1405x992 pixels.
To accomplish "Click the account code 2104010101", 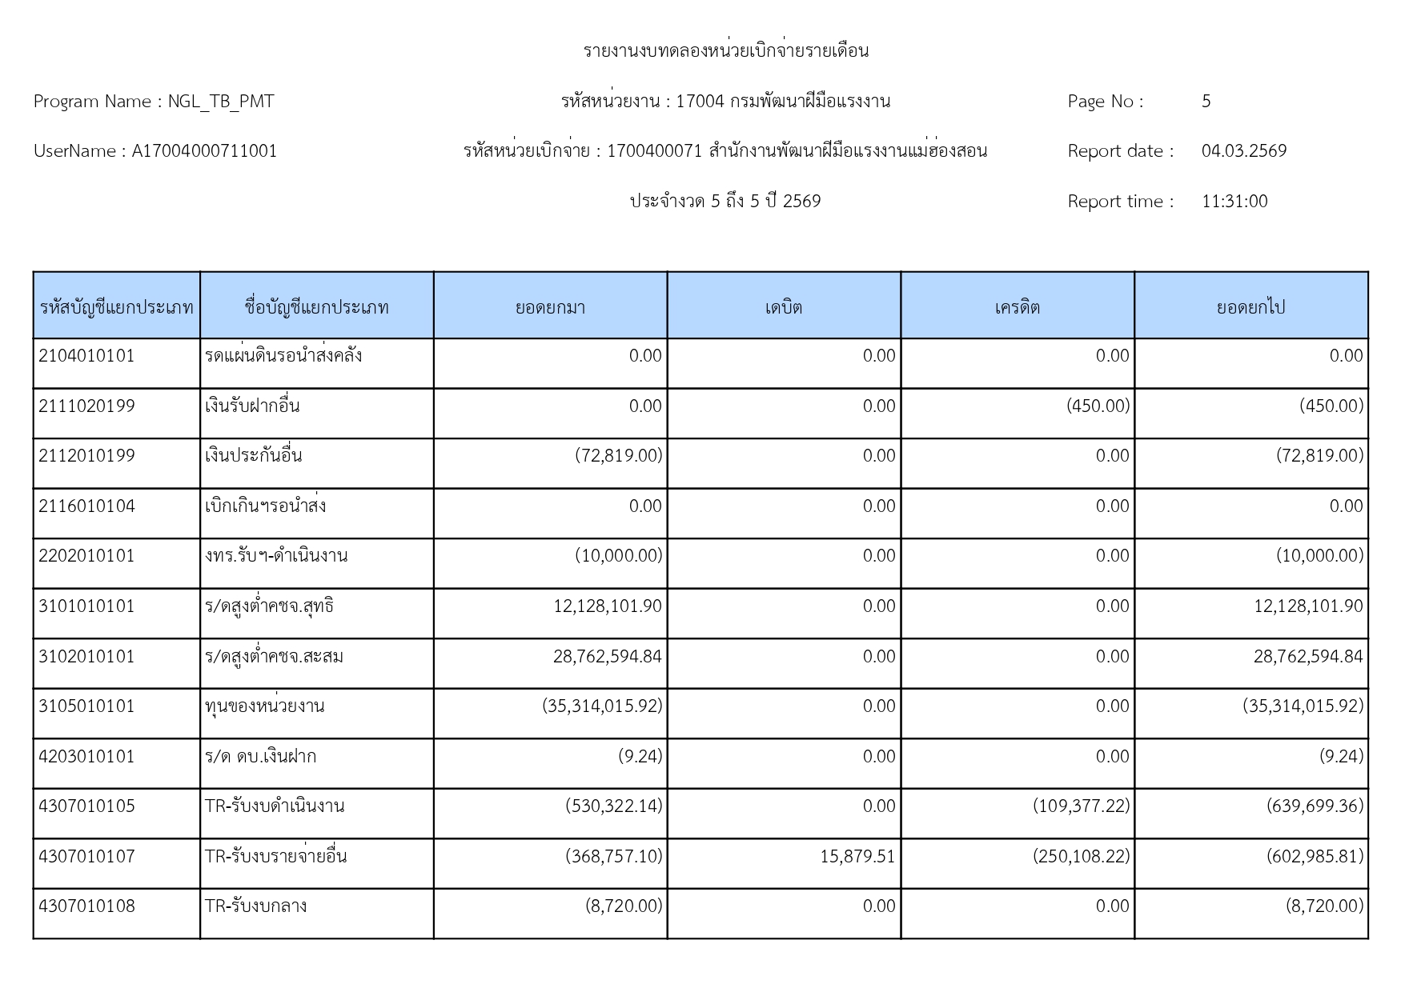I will [86, 356].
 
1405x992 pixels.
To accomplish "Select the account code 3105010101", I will [86, 706].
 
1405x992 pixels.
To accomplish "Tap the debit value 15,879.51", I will [857, 857].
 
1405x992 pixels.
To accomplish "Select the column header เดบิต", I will [783, 307].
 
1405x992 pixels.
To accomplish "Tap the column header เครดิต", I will [1017, 307].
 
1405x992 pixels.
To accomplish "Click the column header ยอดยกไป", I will [1250, 307].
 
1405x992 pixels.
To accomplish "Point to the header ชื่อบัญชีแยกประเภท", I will [316, 307].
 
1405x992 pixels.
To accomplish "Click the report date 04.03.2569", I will [1243, 151].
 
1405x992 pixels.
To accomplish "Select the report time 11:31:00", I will [1234, 202].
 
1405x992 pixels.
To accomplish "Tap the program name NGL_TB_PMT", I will [220, 102].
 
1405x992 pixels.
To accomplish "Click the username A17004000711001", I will [204, 151].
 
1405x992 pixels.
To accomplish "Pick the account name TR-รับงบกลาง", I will [255, 906].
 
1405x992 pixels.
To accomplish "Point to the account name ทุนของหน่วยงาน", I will [264, 706].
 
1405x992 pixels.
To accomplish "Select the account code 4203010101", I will [86, 757].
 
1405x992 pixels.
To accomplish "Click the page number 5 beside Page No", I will [1206, 102].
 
